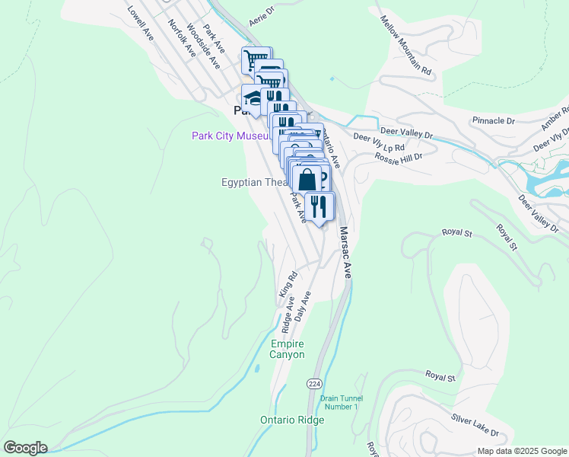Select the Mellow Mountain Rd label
[x=406, y=45]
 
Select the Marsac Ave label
[x=345, y=252]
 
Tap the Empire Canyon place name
[x=288, y=350]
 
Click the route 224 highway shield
[x=313, y=383]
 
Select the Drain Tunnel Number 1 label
[x=341, y=402]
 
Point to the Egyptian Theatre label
[x=253, y=182]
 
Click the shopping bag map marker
[x=307, y=181]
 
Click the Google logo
[x=25, y=448]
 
